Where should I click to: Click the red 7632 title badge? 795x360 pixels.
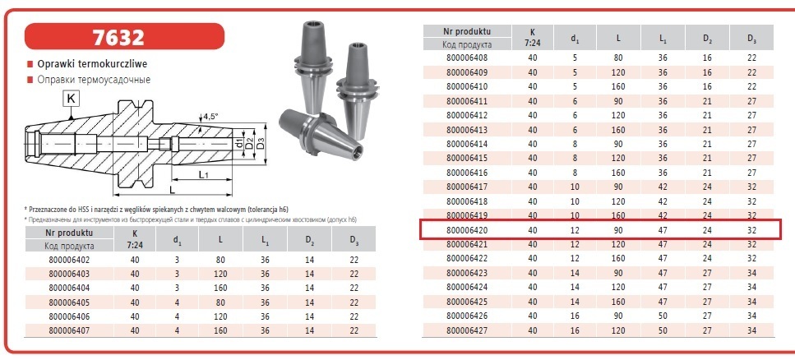(x=124, y=36)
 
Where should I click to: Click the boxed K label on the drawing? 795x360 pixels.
(x=71, y=99)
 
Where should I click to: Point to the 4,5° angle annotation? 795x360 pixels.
(x=210, y=117)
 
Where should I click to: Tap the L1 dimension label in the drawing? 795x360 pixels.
(x=204, y=174)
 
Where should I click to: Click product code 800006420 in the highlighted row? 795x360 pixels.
(x=467, y=230)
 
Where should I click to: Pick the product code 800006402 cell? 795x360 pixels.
(x=69, y=260)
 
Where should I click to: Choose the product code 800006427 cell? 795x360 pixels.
(x=467, y=330)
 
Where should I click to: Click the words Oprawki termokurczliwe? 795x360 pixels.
(x=92, y=64)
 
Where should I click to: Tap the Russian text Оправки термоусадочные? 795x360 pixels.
(x=94, y=80)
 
